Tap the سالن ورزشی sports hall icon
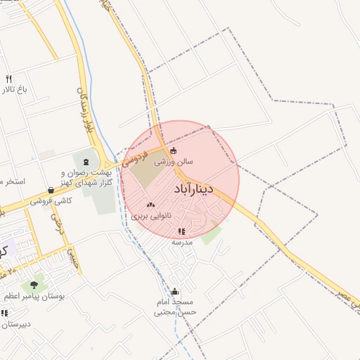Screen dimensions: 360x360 coord(174,150)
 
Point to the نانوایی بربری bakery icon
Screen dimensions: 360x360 coord(150,205)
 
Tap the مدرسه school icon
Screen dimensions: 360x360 coord(181,231)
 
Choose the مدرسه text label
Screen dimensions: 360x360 coord(182,242)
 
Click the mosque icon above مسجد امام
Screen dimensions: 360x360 coord(174,292)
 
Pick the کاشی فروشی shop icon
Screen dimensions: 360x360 coord(51,190)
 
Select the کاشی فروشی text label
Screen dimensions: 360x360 coord(51,201)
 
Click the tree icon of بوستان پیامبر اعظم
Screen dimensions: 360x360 coord(34,285)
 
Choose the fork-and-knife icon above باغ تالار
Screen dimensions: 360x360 coord(8,79)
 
